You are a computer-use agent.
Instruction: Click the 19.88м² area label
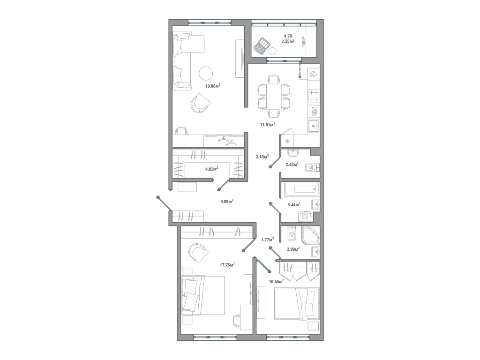(213, 86)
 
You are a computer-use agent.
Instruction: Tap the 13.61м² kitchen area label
(267, 125)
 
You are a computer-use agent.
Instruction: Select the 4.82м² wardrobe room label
(212, 168)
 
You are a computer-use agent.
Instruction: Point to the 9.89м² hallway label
(227, 201)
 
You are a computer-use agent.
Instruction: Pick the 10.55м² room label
(277, 282)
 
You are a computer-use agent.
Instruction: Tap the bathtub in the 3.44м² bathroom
(301, 189)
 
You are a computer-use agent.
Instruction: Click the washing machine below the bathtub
(306, 217)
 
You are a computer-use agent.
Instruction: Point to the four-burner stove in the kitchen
(314, 96)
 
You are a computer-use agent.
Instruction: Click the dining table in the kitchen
(274, 97)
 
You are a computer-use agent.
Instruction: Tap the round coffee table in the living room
(206, 73)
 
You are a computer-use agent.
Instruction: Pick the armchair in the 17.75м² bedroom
(199, 254)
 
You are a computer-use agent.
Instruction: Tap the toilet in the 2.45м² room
(311, 168)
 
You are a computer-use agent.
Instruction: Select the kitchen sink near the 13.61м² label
(313, 126)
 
